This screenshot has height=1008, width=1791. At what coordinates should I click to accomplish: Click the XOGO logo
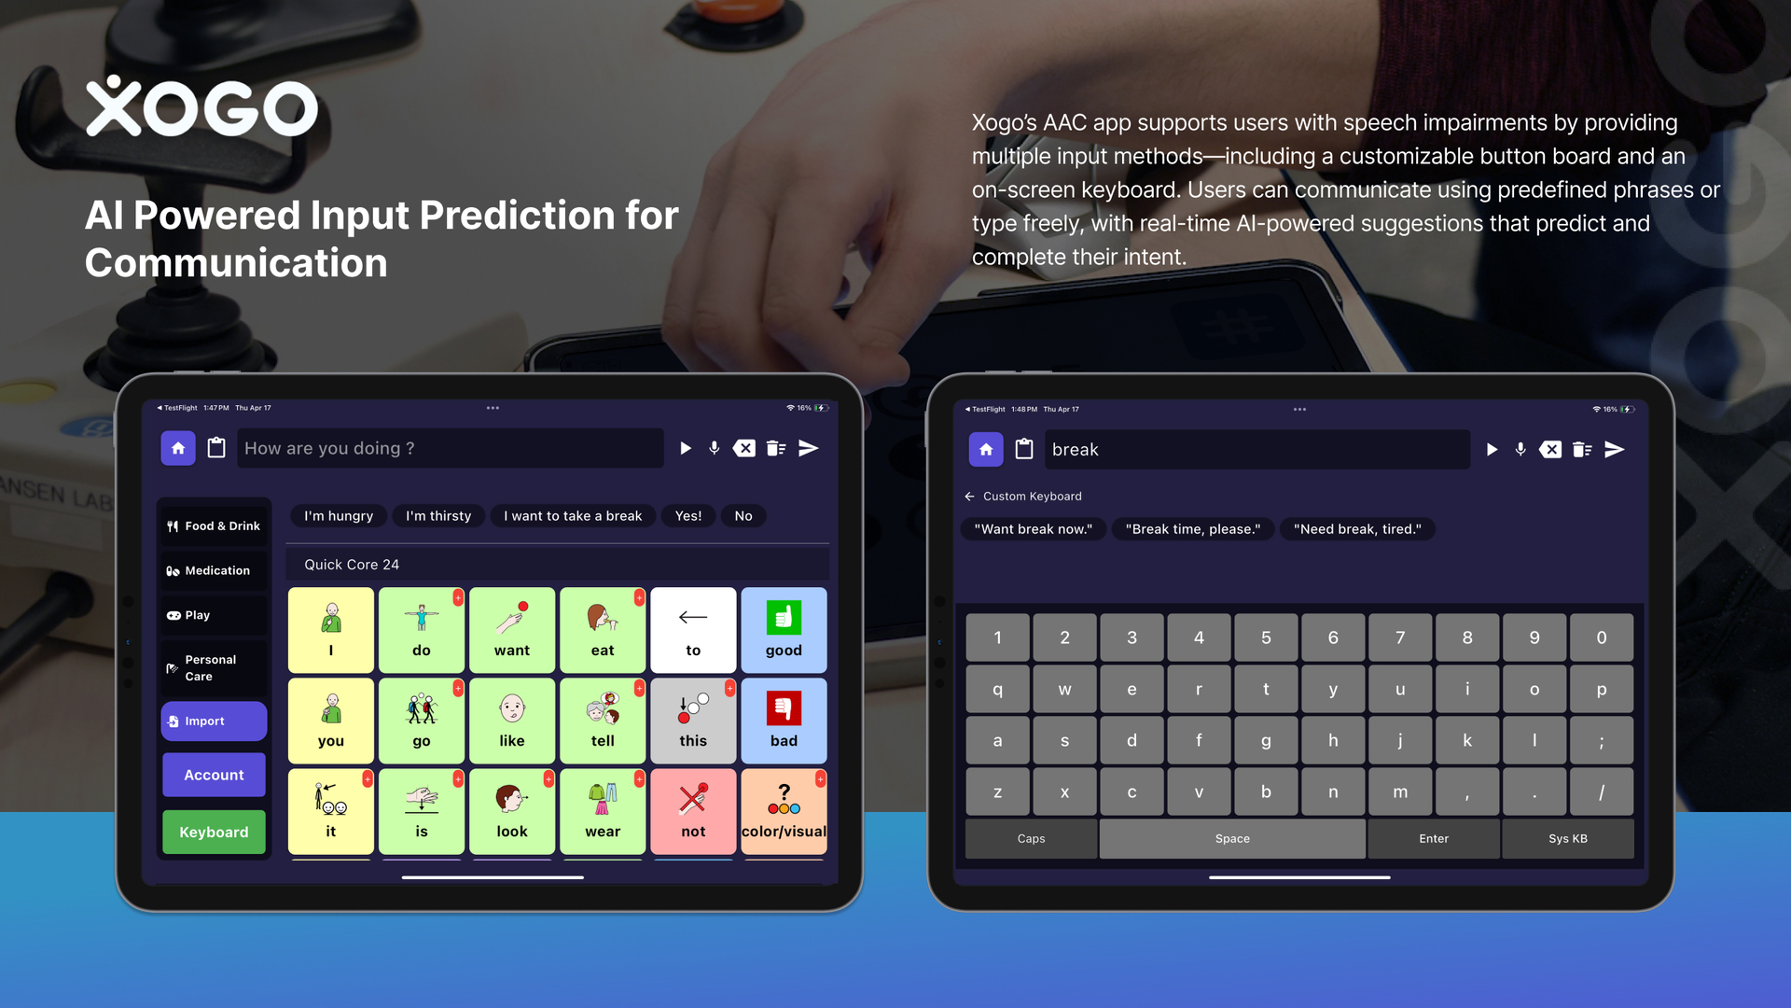tap(201, 106)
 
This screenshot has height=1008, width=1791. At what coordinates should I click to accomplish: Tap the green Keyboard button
tap(214, 832)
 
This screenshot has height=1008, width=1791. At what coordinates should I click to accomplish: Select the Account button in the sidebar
tap(214, 775)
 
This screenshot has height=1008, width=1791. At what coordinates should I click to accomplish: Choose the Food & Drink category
tap(214, 525)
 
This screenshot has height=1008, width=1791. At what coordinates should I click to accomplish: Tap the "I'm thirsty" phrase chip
tap(438, 516)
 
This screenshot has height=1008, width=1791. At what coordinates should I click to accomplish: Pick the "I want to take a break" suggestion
tap(573, 516)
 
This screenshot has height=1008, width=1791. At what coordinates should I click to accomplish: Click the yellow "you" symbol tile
tap(331, 721)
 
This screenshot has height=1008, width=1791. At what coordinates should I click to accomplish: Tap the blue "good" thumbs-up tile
tap(784, 630)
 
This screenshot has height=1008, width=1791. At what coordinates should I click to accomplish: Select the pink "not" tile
tap(693, 811)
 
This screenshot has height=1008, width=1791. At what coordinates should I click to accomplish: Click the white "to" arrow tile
tap(693, 630)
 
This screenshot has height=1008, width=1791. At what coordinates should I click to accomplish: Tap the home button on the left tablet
tap(178, 448)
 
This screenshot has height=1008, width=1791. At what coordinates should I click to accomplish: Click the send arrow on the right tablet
tap(1615, 450)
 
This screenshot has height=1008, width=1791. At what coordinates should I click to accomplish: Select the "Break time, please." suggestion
tap(1193, 529)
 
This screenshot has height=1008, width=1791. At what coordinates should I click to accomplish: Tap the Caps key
tap(1031, 838)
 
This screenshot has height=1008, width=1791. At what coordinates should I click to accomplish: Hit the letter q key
tap(998, 690)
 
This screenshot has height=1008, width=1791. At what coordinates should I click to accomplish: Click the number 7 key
tap(1400, 637)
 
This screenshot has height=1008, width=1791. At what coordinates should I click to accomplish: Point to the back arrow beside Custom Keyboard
tap(969, 497)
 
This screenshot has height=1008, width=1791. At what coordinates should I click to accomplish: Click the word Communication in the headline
tap(236, 263)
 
